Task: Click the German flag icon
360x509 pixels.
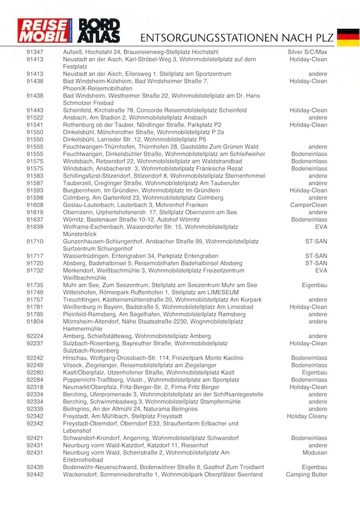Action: [348, 37]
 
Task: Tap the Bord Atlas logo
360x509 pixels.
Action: [100, 31]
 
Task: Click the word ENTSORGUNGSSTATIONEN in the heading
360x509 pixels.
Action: [204, 37]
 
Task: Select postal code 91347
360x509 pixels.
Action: [35, 52]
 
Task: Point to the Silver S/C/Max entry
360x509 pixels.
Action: [308, 52]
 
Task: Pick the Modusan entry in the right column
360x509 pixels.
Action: [315, 453]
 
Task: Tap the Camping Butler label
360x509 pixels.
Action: [307, 474]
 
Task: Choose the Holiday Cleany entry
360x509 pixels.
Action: [307, 416]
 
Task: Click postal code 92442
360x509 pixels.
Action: [35, 474]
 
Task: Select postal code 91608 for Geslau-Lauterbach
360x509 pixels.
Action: [35, 205]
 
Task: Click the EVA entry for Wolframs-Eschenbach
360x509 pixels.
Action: [320, 227]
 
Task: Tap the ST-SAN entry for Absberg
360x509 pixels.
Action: [316, 263]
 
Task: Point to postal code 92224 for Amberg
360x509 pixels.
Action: [35, 336]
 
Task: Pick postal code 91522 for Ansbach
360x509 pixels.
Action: [35, 118]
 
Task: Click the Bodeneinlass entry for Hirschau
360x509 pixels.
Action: [310, 358]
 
